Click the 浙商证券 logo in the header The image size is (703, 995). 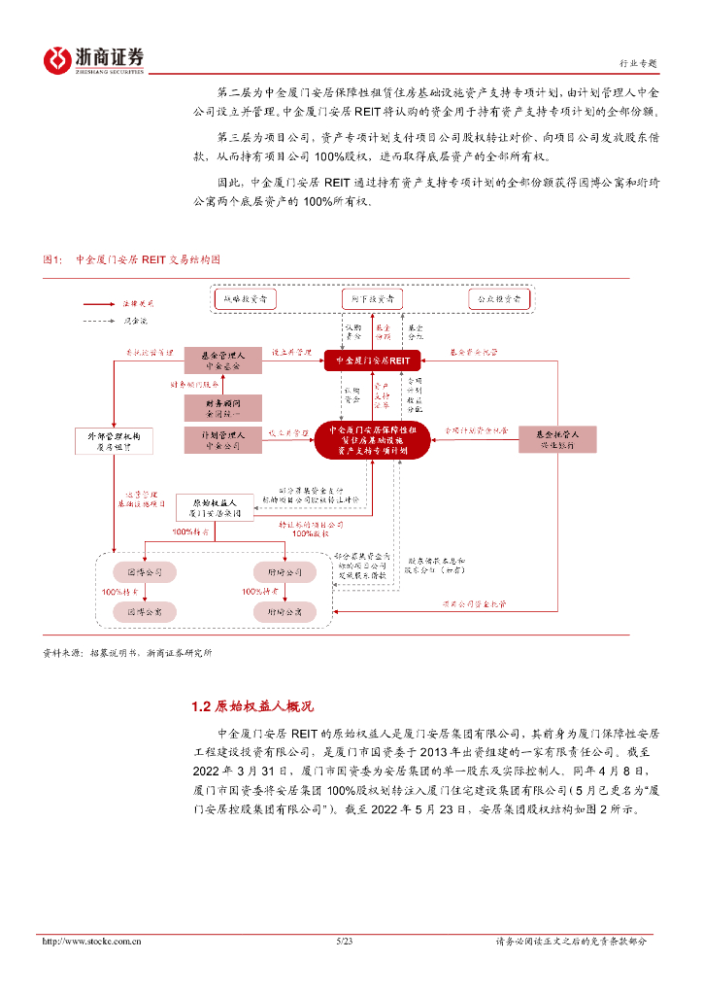pos(93,59)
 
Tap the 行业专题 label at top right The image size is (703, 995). pos(637,63)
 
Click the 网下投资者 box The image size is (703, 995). pos(373,299)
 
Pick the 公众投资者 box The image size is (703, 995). pos(494,299)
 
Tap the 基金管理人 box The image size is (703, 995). pos(223,360)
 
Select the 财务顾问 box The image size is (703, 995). pos(223,408)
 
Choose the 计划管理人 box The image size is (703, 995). pos(223,440)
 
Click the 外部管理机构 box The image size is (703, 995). pos(113,440)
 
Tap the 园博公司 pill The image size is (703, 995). pos(144,571)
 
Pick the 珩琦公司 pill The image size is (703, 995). pos(285,571)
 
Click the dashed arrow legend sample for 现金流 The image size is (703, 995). pos(98,320)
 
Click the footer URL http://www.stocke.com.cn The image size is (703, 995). pos(93,941)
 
